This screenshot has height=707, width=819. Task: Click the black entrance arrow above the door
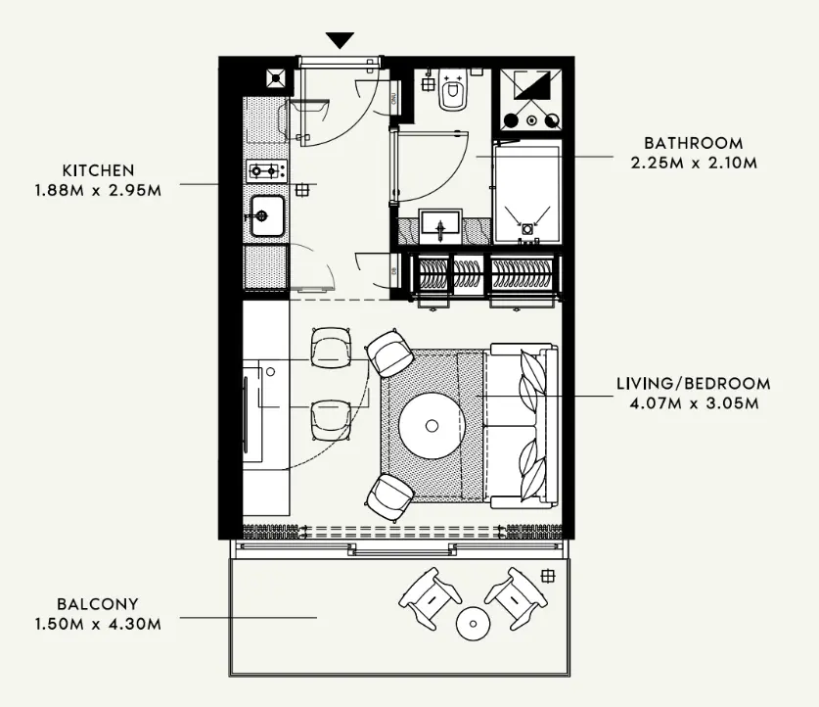[340, 40]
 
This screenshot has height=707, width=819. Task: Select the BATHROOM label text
[693, 143]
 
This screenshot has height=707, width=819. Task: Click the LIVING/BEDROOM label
[693, 383]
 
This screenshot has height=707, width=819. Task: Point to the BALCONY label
[98, 604]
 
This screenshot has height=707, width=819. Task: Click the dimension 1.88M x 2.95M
[98, 189]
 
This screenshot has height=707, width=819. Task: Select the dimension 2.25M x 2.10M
[693, 163]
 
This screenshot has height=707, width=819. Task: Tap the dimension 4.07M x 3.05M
[693, 401]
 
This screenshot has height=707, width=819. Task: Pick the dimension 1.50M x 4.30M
[98, 624]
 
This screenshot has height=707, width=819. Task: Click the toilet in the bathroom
[452, 92]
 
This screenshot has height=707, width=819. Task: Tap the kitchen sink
[265, 214]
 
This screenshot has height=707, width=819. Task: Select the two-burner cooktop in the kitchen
[265, 171]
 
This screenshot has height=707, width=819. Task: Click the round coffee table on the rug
[431, 424]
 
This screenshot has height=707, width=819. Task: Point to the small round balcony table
[473, 622]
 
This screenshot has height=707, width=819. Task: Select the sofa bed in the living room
[523, 425]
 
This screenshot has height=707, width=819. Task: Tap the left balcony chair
[431, 596]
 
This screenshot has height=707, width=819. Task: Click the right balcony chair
[514, 596]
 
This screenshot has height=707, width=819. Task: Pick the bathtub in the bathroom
[526, 194]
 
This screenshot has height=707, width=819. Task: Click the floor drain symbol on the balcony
[547, 575]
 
